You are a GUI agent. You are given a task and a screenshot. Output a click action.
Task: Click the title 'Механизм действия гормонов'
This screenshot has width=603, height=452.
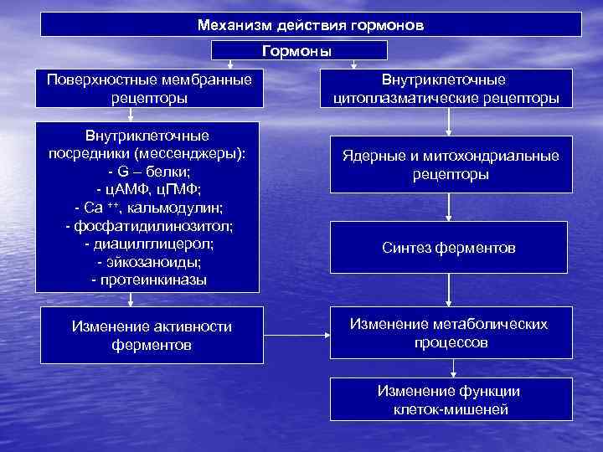(x=311, y=24)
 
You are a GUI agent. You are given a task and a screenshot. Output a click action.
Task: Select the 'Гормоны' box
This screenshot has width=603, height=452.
(x=298, y=51)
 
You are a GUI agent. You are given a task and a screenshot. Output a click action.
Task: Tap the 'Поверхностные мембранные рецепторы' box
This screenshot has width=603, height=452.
(x=151, y=89)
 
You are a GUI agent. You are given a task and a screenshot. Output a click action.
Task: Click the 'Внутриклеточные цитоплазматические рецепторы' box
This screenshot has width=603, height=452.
(x=450, y=89)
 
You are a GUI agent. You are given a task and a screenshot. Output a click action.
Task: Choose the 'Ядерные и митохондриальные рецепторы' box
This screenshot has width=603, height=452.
(x=450, y=165)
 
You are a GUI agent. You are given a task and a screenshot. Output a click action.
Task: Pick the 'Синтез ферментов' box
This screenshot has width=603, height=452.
(x=450, y=249)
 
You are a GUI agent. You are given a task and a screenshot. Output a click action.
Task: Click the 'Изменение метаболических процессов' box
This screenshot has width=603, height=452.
(x=450, y=333)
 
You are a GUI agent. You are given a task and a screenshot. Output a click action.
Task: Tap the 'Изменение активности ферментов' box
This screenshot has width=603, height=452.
(x=151, y=335)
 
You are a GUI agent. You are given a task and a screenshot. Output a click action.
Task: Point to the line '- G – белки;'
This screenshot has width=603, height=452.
(x=151, y=172)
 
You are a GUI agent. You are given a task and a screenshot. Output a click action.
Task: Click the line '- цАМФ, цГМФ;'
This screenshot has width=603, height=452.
(x=151, y=189)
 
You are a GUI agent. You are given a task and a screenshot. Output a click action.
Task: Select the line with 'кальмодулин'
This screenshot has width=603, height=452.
(x=151, y=208)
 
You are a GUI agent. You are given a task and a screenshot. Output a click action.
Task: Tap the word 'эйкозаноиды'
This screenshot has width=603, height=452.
(x=156, y=262)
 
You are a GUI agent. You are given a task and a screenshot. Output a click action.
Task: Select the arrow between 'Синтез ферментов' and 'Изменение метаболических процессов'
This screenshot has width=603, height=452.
(x=450, y=290)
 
